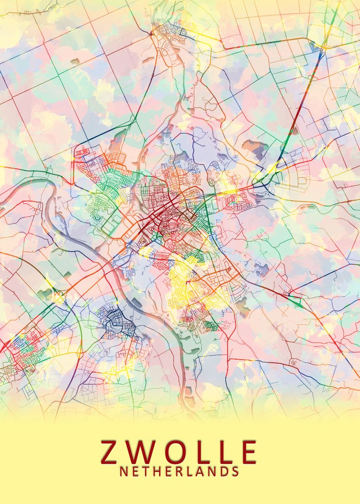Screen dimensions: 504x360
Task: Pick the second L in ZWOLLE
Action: tap(229, 452)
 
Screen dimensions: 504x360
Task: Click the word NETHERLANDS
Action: tap(180, 472)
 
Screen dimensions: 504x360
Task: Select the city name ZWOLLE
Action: tap(180, 452)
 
